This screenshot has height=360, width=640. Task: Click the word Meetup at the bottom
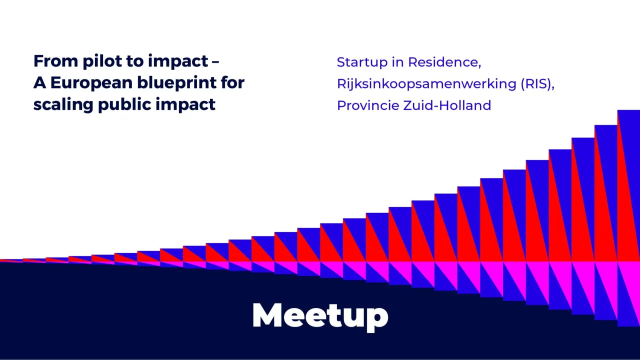[x=320, y=315]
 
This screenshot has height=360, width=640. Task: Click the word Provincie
[x=368, y=105]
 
